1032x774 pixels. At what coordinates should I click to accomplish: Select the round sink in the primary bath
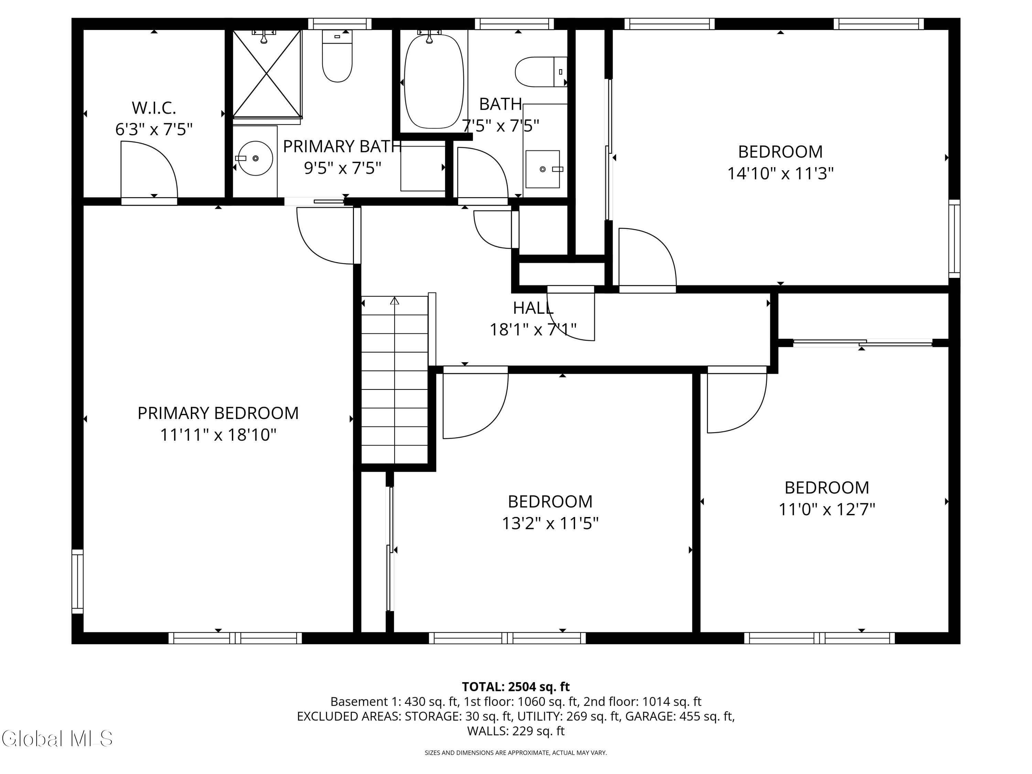[255, 159]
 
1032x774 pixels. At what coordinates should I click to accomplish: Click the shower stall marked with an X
[266, 74]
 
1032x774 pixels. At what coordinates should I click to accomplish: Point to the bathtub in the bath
[433, 81]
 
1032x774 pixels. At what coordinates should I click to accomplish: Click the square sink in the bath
[542, 169]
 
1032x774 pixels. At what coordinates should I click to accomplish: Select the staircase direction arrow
[395, 301]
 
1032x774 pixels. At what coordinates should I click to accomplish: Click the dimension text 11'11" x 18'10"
[218, 435]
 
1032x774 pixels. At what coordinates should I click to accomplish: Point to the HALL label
[533, 308]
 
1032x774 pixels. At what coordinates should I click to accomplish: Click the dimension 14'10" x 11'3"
[780, 174]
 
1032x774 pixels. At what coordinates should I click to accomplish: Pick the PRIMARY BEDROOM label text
[218, 413]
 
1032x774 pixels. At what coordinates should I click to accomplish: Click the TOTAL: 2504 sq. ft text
[516, 687]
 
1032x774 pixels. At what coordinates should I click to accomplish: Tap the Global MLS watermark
[57, 739]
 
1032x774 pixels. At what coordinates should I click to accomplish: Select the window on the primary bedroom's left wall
[77, 581]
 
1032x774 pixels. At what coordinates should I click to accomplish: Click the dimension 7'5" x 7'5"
[500, 126]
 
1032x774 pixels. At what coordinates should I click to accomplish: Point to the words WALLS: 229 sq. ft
[516, 731]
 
